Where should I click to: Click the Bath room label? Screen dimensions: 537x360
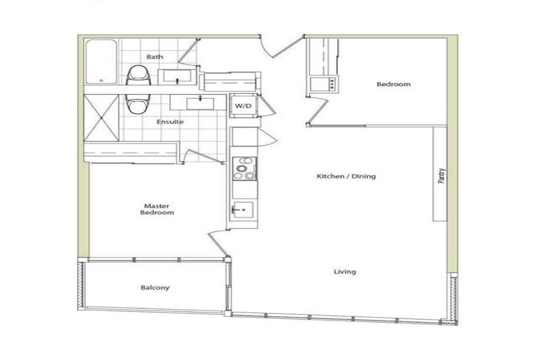point(155,57)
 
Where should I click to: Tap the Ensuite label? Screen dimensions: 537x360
point(170,122)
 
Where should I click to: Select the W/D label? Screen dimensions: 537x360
point(243,106)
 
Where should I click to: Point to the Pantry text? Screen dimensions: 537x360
point(442,176)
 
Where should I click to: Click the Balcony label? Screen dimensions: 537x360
point(155,288)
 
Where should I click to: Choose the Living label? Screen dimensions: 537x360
point(345,272)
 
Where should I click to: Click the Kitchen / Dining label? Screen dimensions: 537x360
point(346,176)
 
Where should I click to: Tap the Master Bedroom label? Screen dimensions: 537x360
point(157,209)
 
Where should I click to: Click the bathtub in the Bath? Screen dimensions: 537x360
point(102,62)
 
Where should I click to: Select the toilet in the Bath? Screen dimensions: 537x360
point(139,75)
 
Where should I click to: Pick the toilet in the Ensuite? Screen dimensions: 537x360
point(138,104)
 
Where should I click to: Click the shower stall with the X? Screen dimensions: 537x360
point(102,118)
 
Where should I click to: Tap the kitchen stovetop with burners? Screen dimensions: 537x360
point(244,169)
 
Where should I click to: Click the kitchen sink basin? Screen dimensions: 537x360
point(243,210)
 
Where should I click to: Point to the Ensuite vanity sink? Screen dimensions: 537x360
point(200,103)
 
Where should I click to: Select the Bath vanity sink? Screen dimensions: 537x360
point(177,76)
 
